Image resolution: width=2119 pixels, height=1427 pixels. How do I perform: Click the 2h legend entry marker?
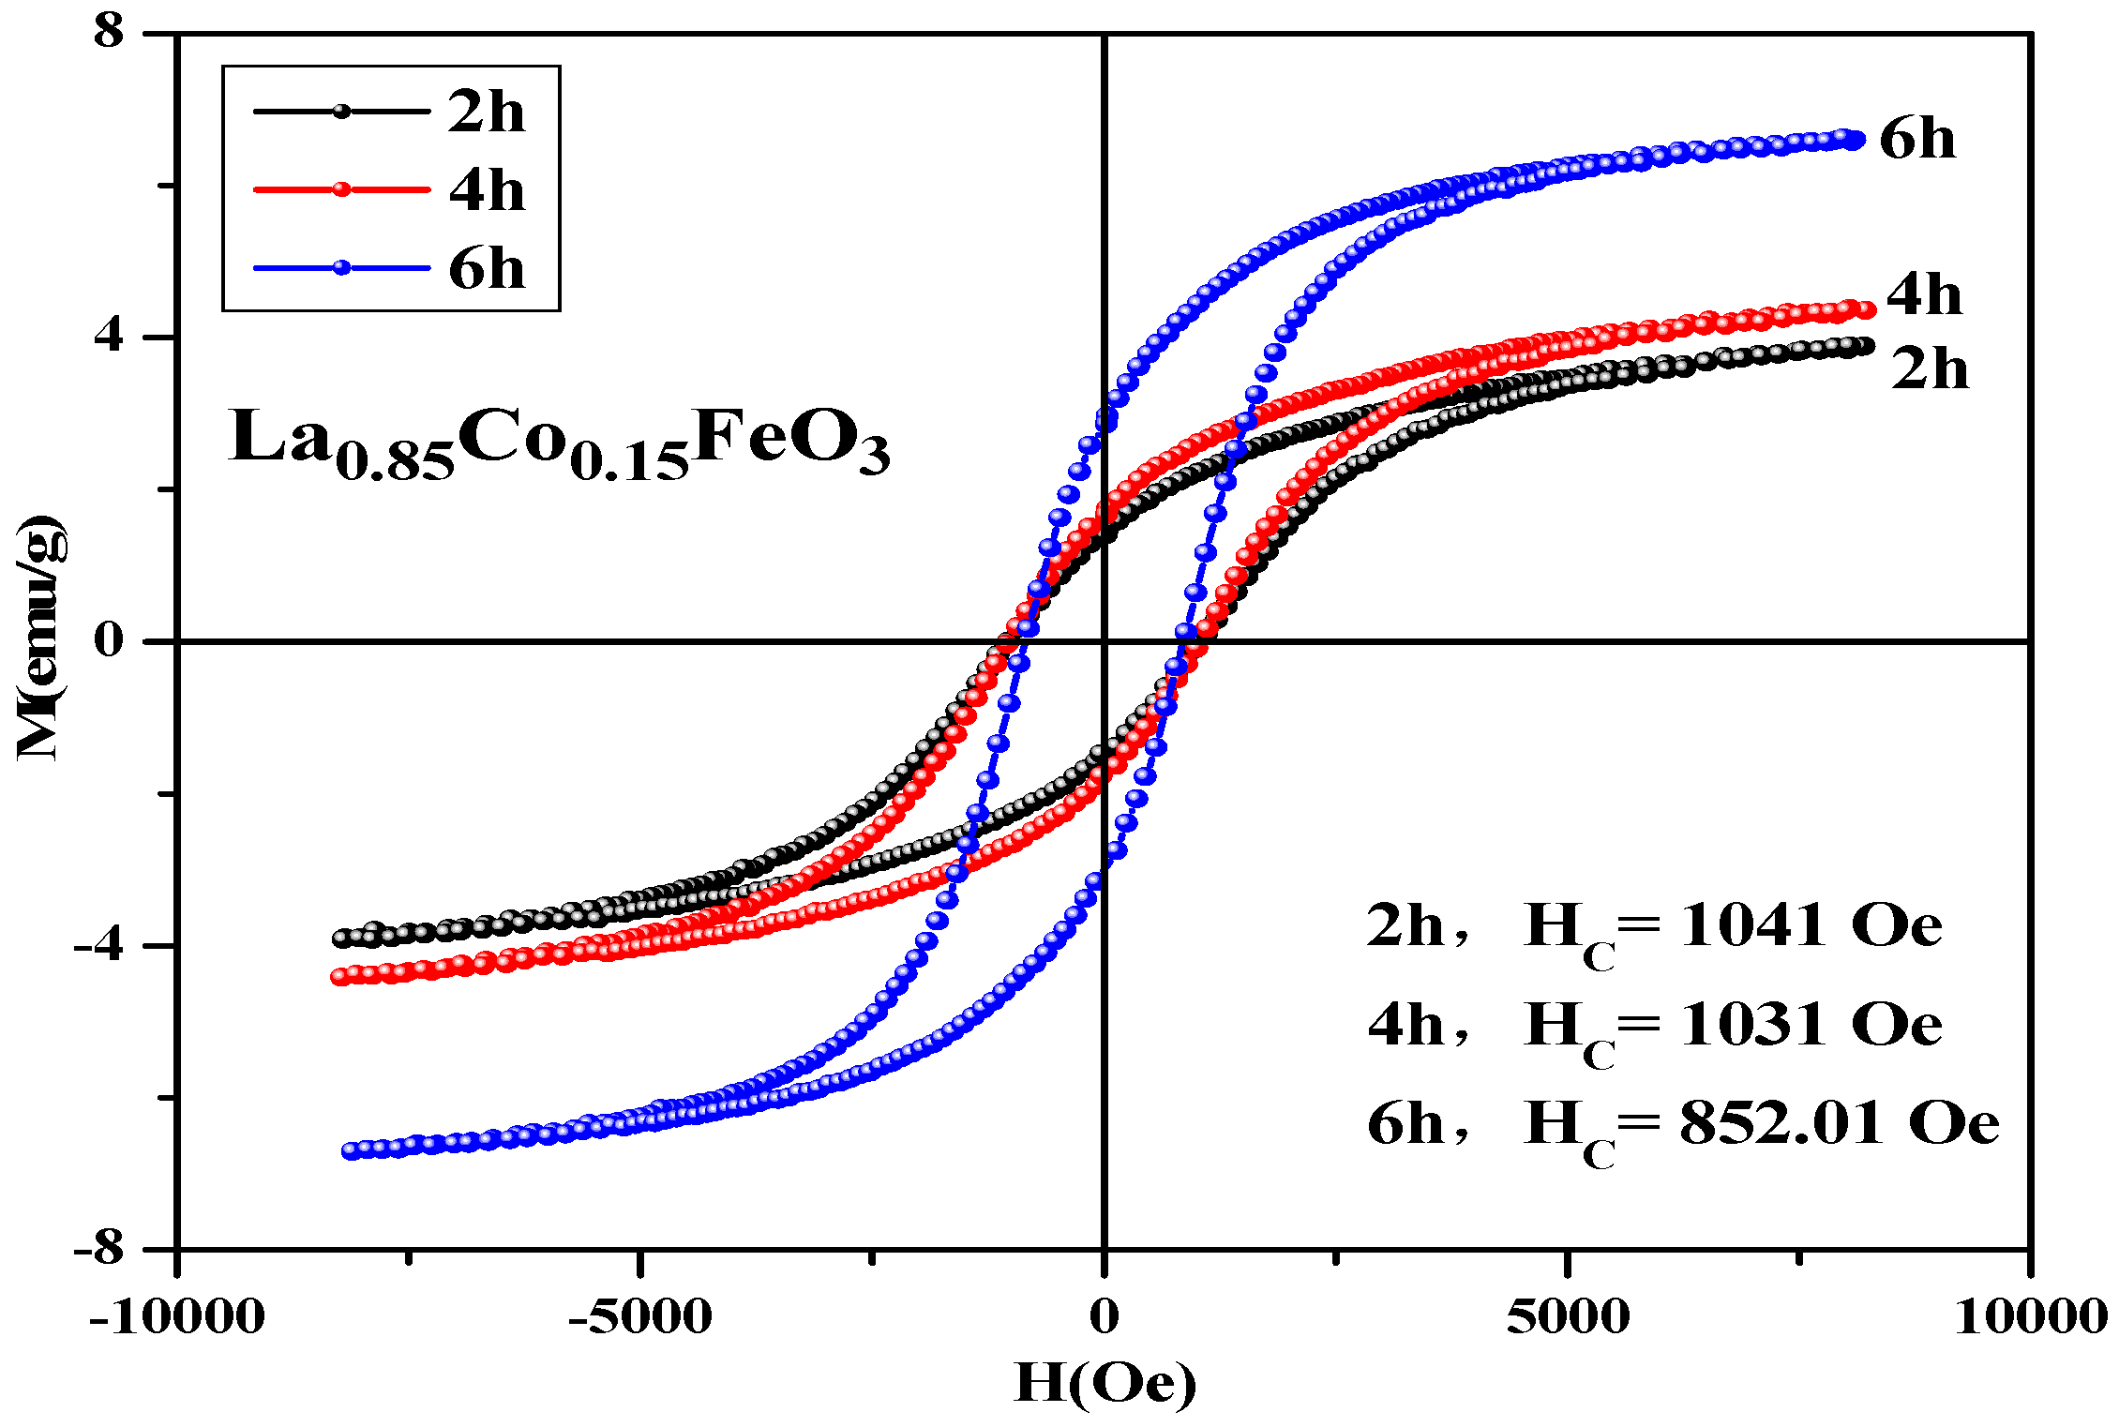[341, 112]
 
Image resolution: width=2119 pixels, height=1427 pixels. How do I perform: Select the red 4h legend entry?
[341, 189]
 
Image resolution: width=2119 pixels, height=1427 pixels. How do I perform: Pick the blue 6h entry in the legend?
[341, 268]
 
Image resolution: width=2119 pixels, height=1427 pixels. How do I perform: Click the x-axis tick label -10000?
[176, 1317]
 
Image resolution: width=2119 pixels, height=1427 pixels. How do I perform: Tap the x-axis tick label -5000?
[639, 1317]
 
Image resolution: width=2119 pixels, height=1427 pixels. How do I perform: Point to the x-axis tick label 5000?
[1568, 1317]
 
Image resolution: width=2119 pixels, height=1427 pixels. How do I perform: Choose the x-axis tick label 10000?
[2031, 1317]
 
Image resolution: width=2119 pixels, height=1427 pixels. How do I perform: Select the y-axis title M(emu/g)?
[41, 638]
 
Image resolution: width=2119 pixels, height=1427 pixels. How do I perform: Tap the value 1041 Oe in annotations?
[1810, 926]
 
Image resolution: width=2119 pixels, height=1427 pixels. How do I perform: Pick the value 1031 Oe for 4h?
[1810, 1025]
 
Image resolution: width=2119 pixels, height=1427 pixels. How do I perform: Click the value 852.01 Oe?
[1838, 1123]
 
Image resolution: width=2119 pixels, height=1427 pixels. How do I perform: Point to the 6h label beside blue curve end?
[1917, 141]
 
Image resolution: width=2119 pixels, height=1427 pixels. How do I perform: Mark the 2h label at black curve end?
[1930, 368]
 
